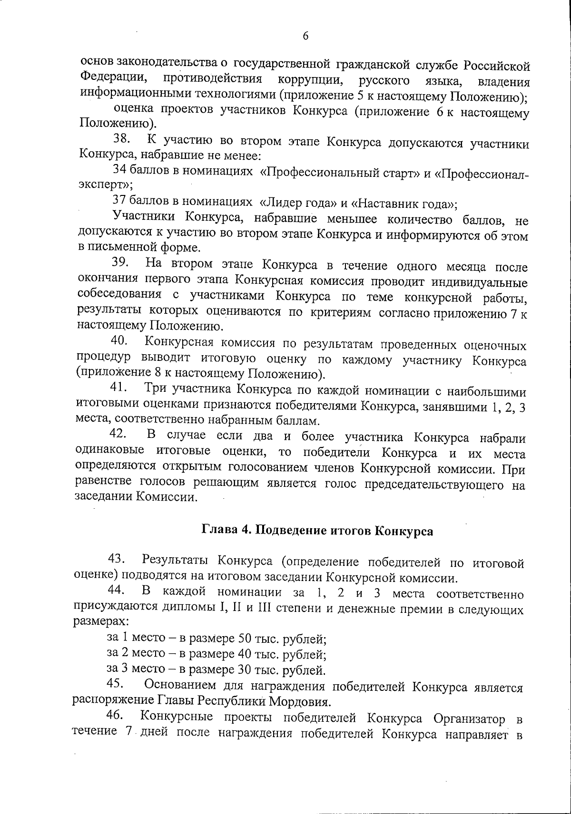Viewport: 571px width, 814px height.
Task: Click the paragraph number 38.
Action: tap(122, 139)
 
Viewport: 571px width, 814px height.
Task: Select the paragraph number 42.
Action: tap(118, 434)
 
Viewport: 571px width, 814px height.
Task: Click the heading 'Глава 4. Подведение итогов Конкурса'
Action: tap(318, 531)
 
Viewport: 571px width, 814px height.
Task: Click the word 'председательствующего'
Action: tap(431, 485)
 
